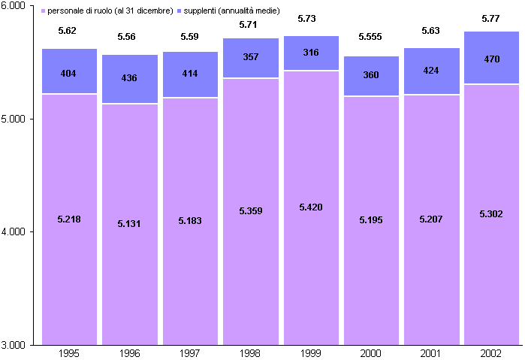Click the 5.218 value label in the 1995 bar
coord(69,219)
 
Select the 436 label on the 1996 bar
coord(130,78)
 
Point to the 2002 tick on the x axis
coord(491,352)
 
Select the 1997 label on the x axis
coord(190,352)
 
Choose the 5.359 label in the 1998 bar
coord(250,211)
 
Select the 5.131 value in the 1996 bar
coord(130,224)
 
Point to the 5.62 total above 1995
coord(69,31)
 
